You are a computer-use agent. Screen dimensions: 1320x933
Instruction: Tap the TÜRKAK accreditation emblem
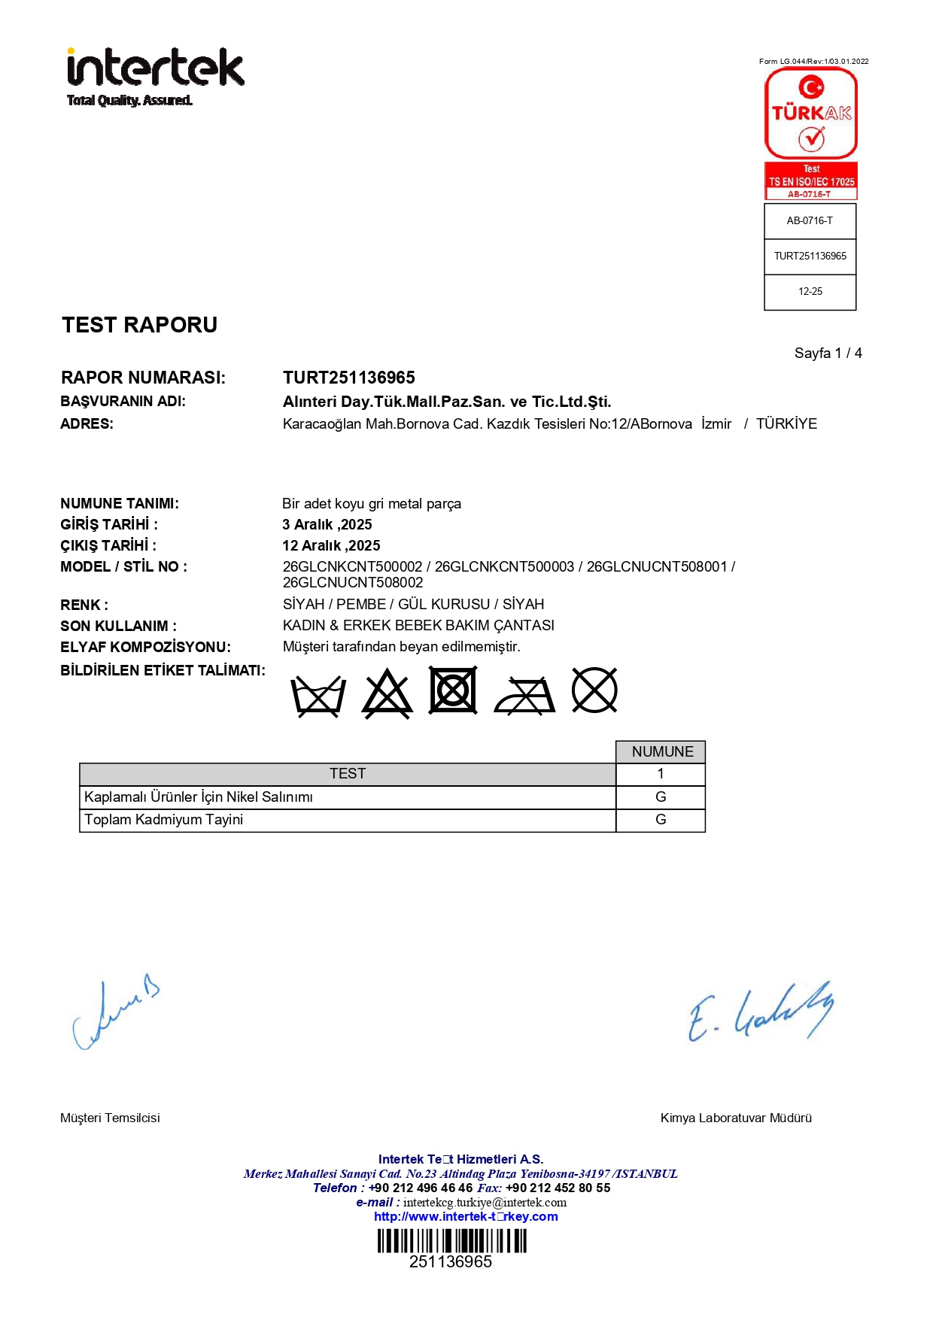810,132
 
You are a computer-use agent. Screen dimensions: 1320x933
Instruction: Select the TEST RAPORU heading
139,325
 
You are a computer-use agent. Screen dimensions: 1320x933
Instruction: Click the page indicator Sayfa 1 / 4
828,354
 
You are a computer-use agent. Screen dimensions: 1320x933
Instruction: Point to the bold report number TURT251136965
348,378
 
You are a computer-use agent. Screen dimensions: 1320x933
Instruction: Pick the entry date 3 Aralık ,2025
327,525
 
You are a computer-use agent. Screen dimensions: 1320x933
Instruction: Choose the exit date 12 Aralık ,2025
331,546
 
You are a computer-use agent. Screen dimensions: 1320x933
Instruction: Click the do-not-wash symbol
318,693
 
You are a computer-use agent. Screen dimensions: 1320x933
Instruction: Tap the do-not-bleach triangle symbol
387,693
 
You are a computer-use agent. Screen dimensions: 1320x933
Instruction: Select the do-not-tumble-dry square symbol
452,690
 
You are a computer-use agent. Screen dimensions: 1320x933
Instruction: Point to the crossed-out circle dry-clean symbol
594,690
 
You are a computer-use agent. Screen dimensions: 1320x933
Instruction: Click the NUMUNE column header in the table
661,752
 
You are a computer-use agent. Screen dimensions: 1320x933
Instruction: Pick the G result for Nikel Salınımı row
661,797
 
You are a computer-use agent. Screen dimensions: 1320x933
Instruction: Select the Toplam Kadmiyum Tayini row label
163,820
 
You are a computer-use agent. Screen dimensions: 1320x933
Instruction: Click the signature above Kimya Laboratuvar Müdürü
760,1012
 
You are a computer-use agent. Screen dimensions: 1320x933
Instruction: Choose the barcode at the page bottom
451,1241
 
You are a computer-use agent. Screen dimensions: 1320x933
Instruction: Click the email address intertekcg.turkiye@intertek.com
485,1203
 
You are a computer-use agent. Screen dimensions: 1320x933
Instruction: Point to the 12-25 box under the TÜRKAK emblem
810,292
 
